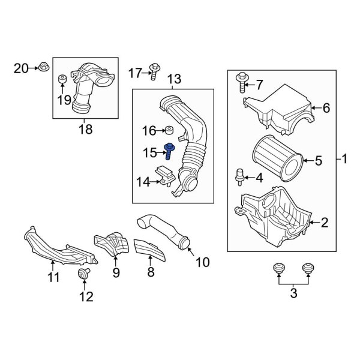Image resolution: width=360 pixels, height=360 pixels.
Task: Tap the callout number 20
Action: pos(20,69)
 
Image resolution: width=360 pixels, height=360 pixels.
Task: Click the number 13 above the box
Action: pos(173,79)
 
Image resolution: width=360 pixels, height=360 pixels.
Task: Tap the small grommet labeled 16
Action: pos(170,130)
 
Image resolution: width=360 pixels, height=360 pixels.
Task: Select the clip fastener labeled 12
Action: pos(83,277)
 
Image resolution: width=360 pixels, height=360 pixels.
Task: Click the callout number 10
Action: pos(203,262)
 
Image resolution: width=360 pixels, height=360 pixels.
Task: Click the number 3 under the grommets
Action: pos(293,292)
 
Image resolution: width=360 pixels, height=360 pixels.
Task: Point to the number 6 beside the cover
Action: pos(326,109)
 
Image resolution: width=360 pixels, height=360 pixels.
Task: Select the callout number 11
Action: pos(53,277)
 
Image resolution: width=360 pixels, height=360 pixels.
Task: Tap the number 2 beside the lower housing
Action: pos(325,223)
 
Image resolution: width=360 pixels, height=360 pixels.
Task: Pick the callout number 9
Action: pos(116,273)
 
